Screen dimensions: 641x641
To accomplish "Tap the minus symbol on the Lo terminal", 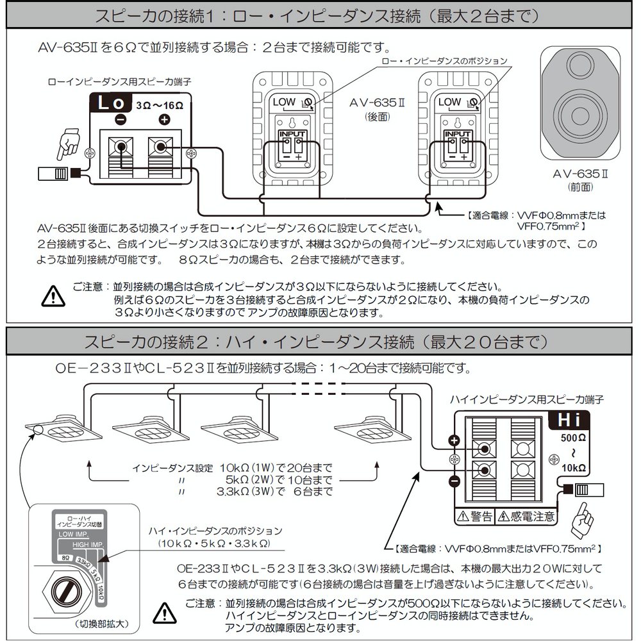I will [120, 120].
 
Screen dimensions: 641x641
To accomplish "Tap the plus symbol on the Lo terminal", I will [164, 120].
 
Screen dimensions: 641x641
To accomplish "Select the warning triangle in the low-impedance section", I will [53, 296].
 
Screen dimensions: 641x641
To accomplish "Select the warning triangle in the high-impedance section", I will [163, 613].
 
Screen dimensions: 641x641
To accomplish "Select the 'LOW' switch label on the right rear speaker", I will [449, 102].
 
